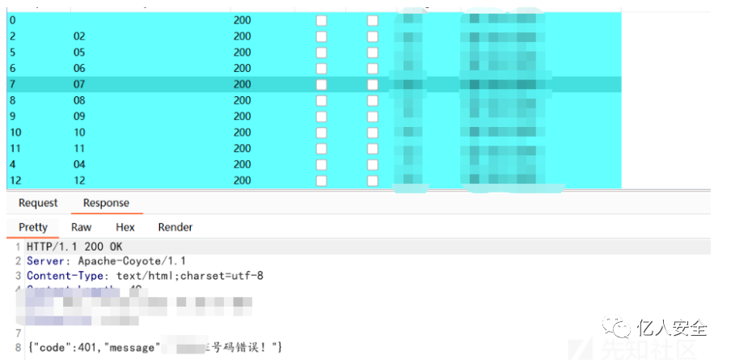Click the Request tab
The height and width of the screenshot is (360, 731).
38,203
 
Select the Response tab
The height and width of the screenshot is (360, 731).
106,203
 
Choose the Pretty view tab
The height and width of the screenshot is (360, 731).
33,227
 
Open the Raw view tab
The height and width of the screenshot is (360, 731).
81,227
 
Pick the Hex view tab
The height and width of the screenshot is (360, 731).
125,227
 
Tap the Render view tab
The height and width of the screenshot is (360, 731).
175,227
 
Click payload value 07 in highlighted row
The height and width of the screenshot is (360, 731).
79,84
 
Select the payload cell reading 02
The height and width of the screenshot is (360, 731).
79,36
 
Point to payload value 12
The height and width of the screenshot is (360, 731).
79,180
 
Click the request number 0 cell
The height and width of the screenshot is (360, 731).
12,20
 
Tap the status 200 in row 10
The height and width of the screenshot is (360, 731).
242,133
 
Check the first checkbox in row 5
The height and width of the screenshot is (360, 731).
321,53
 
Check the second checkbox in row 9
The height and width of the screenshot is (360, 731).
372,116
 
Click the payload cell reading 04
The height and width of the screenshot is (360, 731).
79,164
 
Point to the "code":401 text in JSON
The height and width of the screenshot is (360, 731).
69,348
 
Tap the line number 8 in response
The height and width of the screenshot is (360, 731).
18,348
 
